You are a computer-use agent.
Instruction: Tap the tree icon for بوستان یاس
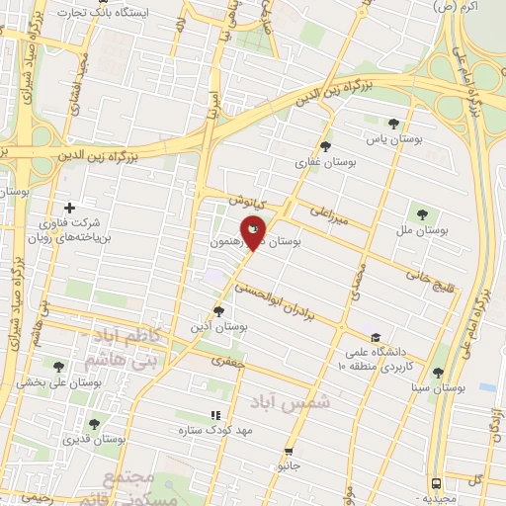pyautogui.click(x=394, y=124)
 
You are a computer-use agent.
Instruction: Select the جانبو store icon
pyautogui.click(x=290, y=447)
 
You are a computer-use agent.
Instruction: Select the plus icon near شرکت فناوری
pyautogui.click(x=68, y=208)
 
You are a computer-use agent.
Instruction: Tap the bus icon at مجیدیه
pyautogui.click(x=437, y=483)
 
